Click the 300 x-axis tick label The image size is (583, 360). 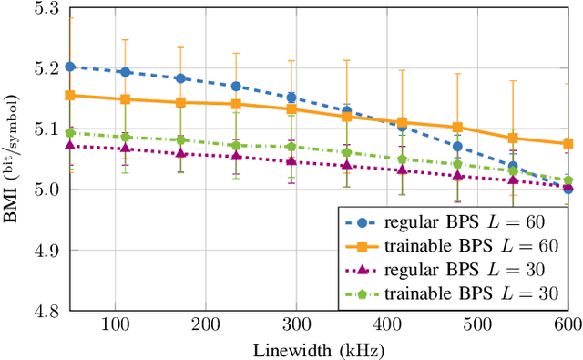tap(296, 324)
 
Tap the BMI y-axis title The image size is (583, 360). tap(10, 159)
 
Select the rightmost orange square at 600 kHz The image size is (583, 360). tap(568, 143)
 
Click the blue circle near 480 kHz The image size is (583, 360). tap(457, 146)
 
